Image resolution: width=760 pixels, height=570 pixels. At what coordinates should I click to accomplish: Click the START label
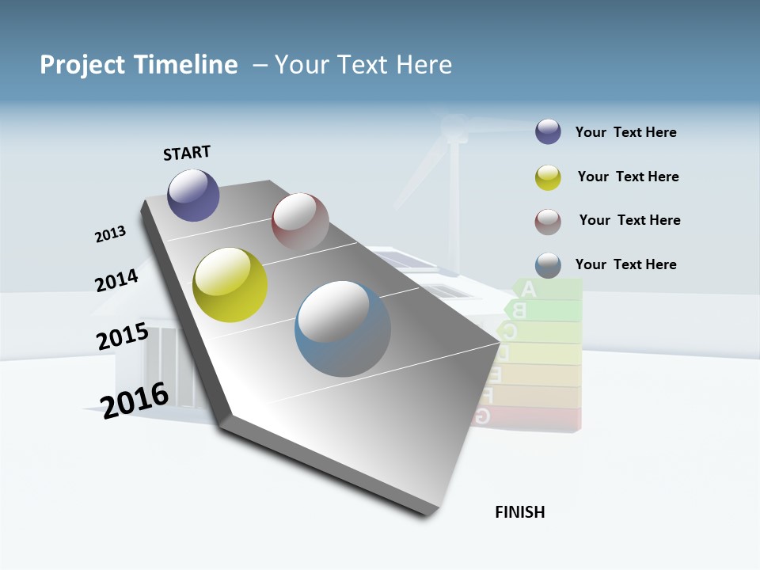187,152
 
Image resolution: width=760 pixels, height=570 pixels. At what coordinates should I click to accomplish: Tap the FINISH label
519,512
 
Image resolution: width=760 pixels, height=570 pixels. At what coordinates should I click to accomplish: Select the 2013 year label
110,234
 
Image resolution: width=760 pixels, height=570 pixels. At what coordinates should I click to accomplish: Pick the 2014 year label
116,280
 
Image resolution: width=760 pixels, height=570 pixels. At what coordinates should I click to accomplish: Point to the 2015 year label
122,336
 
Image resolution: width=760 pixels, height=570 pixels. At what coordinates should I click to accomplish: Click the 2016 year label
135,399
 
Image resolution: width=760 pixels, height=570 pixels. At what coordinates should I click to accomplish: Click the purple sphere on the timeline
193,195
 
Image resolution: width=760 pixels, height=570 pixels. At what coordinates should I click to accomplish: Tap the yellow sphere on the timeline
230,285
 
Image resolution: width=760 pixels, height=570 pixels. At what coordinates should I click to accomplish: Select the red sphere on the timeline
300,221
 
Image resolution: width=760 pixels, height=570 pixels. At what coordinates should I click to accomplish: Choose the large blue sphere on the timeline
342,329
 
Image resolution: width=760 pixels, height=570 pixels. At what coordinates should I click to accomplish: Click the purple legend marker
548,132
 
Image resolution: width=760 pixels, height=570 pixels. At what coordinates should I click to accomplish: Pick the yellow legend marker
548,177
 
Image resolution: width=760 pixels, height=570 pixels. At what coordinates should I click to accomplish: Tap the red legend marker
548,222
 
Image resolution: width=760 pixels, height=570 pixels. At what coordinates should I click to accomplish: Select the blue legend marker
548,265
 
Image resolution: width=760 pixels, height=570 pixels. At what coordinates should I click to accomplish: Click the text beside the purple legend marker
625,132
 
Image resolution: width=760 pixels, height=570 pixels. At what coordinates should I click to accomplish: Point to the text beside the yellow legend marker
628,177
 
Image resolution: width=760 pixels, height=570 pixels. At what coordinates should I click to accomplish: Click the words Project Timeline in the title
139,65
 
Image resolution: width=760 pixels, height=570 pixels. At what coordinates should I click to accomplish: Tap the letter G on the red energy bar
481,416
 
